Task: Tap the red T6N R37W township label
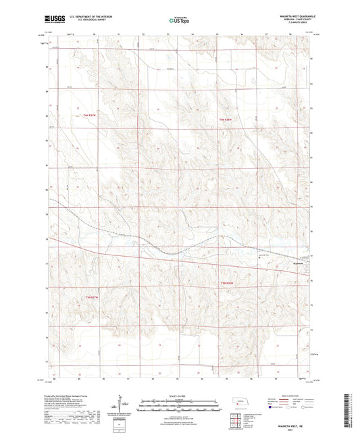click(x=91, y=116)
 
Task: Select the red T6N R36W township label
click(x=226, y=120)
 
